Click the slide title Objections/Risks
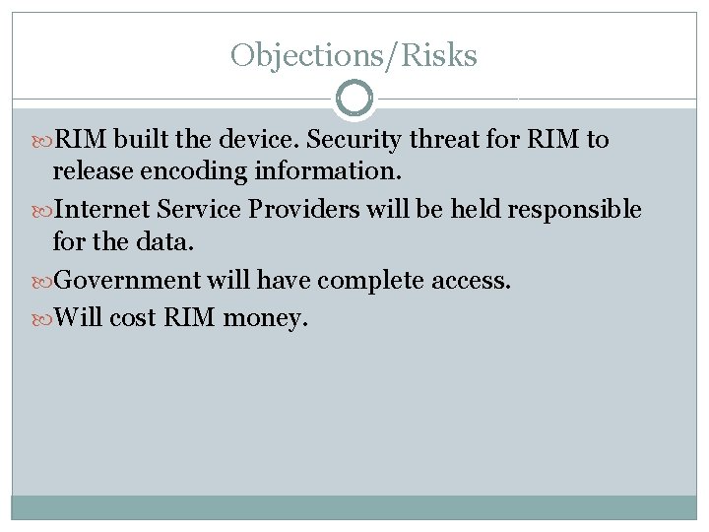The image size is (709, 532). coord(354,55)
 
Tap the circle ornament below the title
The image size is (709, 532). coord(354,99)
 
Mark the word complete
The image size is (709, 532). coord(371,281)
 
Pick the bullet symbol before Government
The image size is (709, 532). coord(40,281)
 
